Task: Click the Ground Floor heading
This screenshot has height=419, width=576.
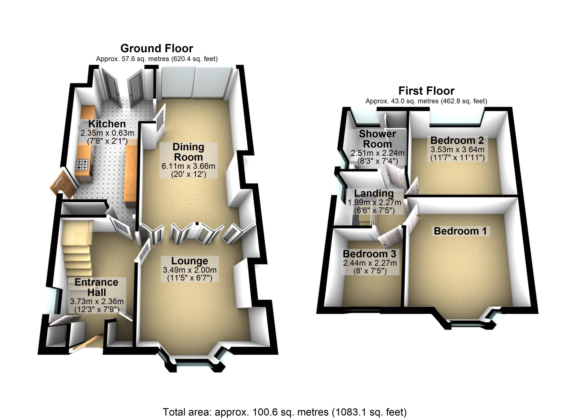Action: pyautogui.click(x=157, y=48)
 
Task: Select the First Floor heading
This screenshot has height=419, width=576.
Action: pyautogui.click(x=426, y=91)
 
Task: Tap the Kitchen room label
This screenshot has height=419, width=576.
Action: pyautogui.click(x=107, y=124)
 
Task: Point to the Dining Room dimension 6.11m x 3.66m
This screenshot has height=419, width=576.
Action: pyautogui.click(x=189, y=166)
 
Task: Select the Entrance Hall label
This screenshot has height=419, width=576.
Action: pyautogui.click(x=97, y=287)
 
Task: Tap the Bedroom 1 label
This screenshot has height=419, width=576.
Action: pyautogui.click(x=460, y=231)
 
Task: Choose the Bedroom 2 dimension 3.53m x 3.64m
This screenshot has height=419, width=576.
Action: pyautogui.click(x=457, y=149)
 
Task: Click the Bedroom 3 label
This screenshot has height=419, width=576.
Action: pyautogui.click(x=369, y=254)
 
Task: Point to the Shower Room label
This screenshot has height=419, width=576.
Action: pyautogui.click(x=377, y=139)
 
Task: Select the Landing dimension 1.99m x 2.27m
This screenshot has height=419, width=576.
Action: pyautogui.click(x=374, y=203)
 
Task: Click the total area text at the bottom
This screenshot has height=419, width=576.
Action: pyautogui.click(x=285, y=412)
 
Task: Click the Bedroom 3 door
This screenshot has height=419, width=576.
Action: pyautogui.click(x=390, y=238)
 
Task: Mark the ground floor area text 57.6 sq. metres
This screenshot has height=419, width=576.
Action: pyautogui.click(x=157, y=59)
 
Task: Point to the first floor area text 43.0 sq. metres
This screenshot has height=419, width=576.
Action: pyautogui.click(x=426, y=101)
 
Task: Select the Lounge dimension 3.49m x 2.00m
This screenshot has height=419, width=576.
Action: pyautogui.click(x=189, y=270)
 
